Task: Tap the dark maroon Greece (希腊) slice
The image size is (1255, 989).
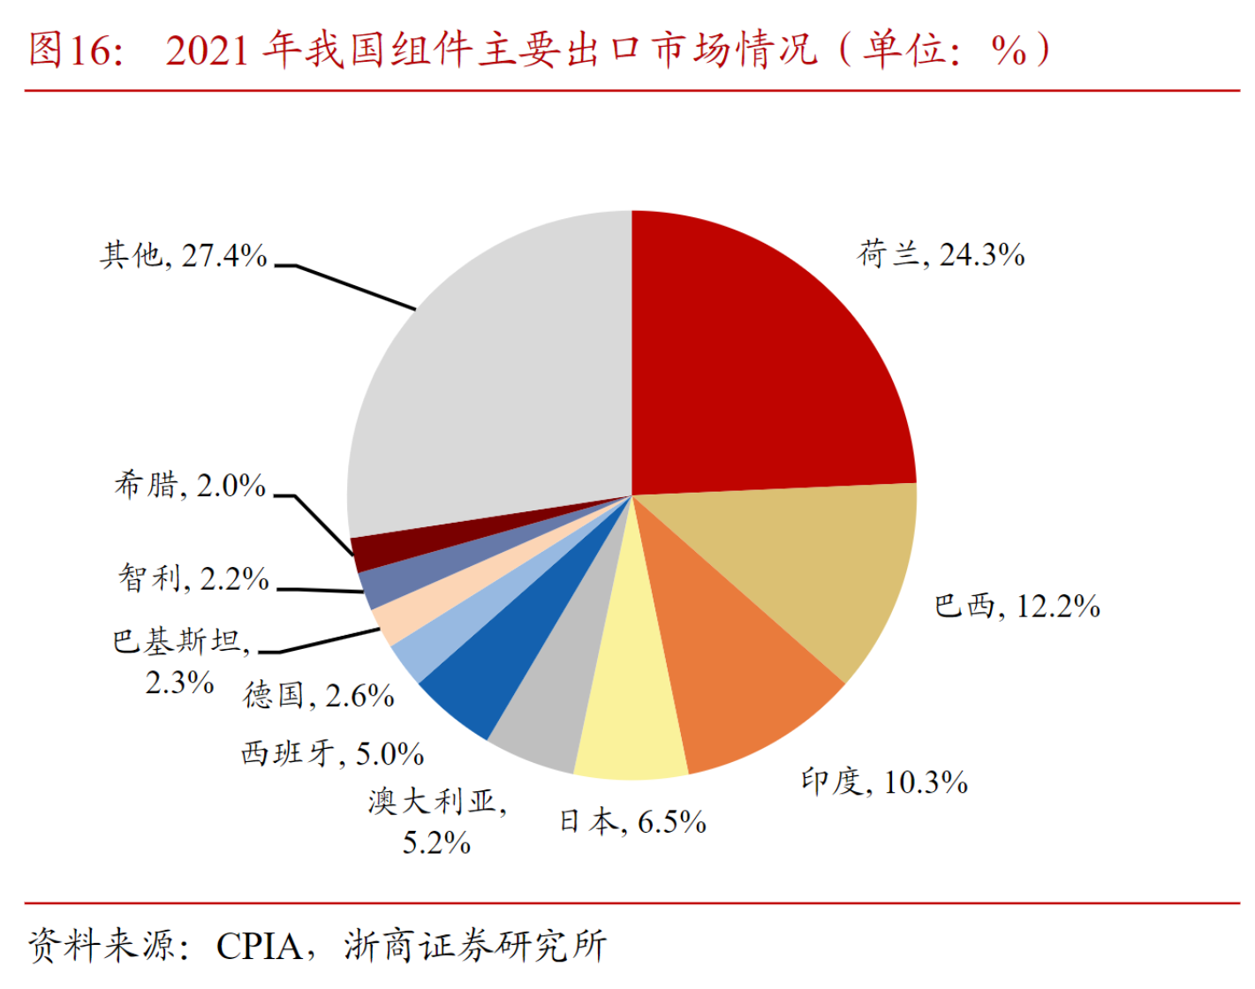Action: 371,552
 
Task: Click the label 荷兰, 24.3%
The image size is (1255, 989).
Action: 941,255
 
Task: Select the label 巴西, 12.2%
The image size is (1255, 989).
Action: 1017,607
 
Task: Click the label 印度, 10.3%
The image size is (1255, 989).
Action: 884,782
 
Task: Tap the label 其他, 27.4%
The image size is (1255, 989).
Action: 184,256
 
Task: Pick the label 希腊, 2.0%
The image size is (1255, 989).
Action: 190,486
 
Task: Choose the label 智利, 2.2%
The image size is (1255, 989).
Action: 193,579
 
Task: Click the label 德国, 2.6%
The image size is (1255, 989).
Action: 319,696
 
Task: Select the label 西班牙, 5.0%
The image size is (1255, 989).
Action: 332,754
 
